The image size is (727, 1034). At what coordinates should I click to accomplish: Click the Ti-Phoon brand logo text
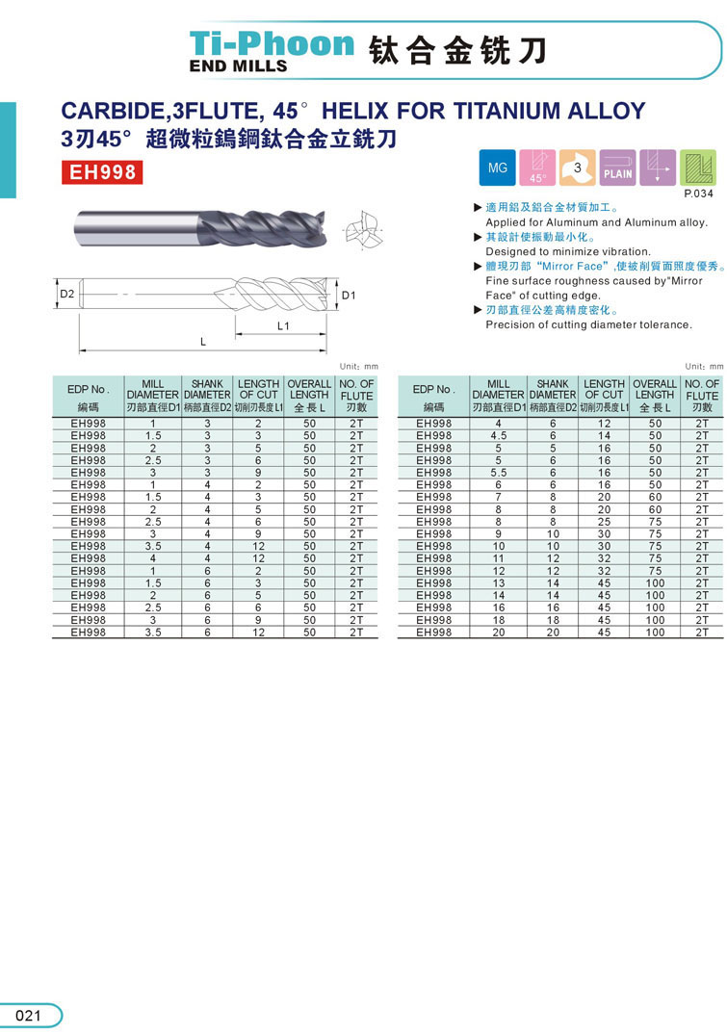272,44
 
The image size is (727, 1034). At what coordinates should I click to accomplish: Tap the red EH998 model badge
101,172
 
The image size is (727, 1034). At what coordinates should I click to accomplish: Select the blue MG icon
497,168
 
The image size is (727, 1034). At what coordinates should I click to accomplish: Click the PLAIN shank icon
617,168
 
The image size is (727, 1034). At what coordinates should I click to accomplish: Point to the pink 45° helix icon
537,168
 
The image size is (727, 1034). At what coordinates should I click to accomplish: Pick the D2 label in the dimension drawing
66,293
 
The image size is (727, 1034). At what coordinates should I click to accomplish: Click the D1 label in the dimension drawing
349,295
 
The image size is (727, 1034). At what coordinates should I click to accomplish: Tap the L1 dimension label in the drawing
283,326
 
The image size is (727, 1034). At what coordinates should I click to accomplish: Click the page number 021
28,1016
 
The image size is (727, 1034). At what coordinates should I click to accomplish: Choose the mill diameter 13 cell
498,583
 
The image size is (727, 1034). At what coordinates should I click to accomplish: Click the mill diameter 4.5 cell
498,435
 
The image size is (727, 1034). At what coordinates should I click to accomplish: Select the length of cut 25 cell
604,522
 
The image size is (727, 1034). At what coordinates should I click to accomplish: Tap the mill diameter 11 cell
498,558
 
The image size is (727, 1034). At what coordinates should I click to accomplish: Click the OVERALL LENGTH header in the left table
309,395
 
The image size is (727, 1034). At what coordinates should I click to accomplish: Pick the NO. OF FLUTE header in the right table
702,395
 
